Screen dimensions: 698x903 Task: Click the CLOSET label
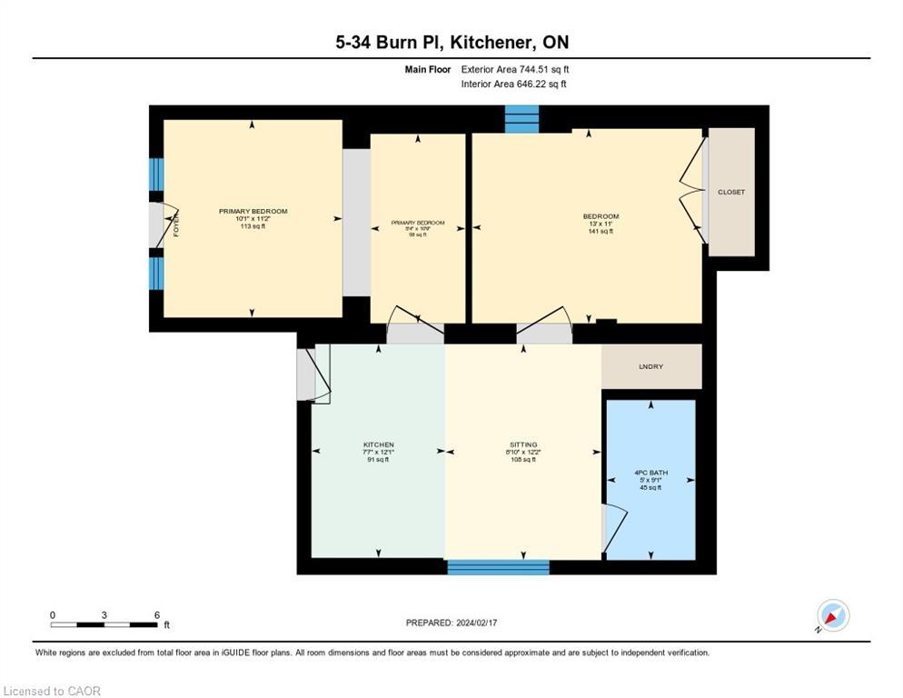pos(730,193)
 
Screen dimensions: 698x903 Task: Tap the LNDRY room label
pos(650,366)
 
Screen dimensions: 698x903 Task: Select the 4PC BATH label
pos(650,473)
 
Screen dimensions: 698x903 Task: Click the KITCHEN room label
pos(378,445)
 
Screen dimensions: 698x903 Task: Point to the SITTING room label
pos(523,445)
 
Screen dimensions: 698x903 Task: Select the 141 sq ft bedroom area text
pos(600,232)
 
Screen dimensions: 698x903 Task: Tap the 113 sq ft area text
pos(253,226)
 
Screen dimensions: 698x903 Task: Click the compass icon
pos(832,616)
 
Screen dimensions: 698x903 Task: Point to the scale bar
pos(104,624)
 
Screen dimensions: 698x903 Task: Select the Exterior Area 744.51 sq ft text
pos(515,69)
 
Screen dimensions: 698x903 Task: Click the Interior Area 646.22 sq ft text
pos(515,84)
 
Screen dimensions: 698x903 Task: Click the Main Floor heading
pos(428,69)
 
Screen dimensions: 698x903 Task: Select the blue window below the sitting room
pos(498,567)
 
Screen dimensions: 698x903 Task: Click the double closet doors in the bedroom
pos(694,191)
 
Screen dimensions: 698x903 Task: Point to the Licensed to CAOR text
pos(53,691)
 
